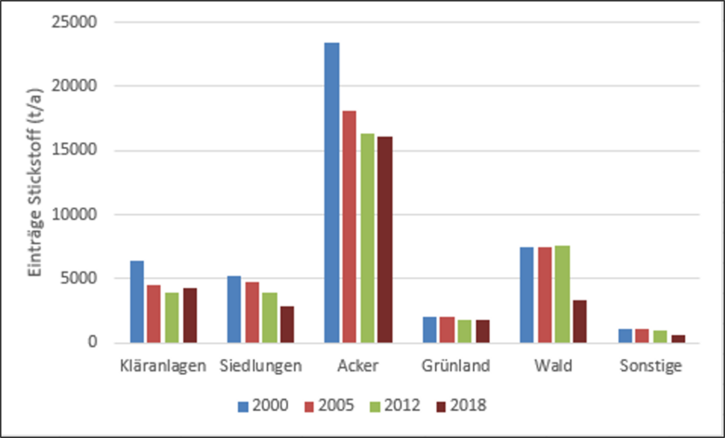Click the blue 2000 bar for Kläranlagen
(137, 301)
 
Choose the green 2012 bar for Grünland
(463, 333)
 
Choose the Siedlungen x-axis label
(260, 366)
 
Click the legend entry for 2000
(263, 405)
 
